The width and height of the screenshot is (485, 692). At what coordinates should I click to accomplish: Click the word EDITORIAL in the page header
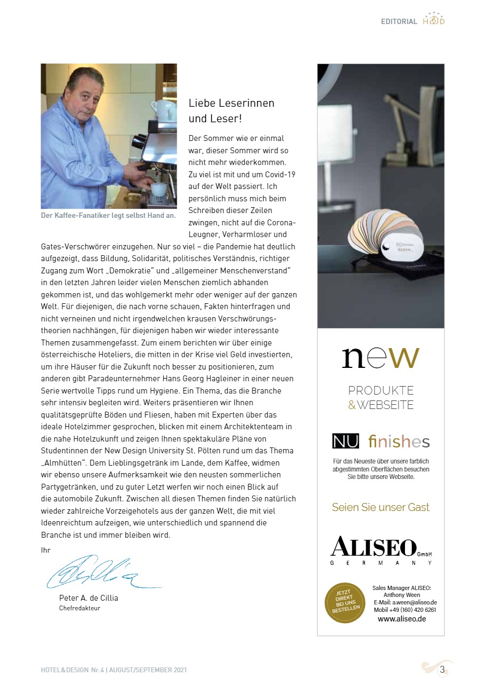pos(399,22)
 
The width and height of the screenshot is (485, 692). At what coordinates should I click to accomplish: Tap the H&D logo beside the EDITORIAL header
pos(433,20)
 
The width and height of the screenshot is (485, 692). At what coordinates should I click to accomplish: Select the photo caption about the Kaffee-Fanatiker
pos(108,216)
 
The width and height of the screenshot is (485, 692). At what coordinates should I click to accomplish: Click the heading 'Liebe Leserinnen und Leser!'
pos(231,111)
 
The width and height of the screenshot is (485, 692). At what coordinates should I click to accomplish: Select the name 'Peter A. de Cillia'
pos(89,598)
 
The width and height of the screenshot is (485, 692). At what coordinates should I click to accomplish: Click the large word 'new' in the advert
pos(380,358)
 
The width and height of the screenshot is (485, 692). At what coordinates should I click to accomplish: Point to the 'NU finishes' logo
pos(380,442)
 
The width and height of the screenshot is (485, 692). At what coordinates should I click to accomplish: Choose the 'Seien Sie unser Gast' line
pos(380,507)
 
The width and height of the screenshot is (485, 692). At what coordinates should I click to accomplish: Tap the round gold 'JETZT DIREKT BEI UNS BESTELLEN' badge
pos(345,603)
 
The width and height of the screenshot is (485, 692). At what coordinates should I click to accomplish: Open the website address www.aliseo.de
pos(402,619)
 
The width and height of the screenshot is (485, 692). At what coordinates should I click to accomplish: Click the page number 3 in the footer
pos(442,670)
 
